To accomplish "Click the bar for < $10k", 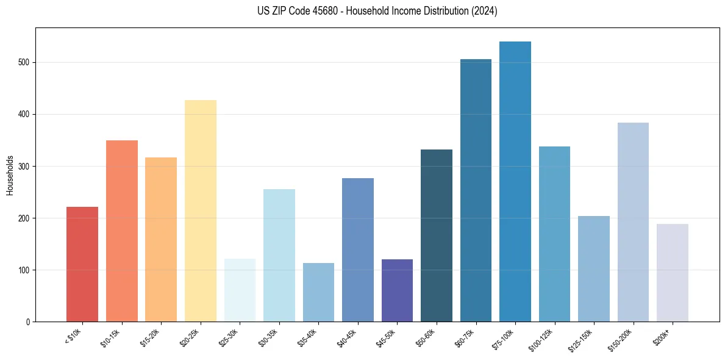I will click(x=82, y=264).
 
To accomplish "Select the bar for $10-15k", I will click(x=121, y=231).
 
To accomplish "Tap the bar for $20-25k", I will click(x=200, y=211).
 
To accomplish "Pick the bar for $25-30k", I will click(x=240, y=290).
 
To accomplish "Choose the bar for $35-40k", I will click(x=318, y=292).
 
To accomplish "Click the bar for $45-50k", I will click(x=397, y=290).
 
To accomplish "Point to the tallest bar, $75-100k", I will click(x=515, y=181).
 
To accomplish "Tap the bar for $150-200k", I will click(x=633, y=222).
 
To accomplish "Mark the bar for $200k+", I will click(x=673, y=273).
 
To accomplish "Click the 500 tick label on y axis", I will click(x=24, y=63).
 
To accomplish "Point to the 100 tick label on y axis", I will click(x=24, y=270).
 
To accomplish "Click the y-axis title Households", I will click(x=10, y=175).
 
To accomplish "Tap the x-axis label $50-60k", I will click(x=426, y=337).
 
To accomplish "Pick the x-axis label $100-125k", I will click(x=542, y=338).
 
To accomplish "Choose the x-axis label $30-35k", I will click(x=269, y=337).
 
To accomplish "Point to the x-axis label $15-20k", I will click(x=151, y=337).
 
